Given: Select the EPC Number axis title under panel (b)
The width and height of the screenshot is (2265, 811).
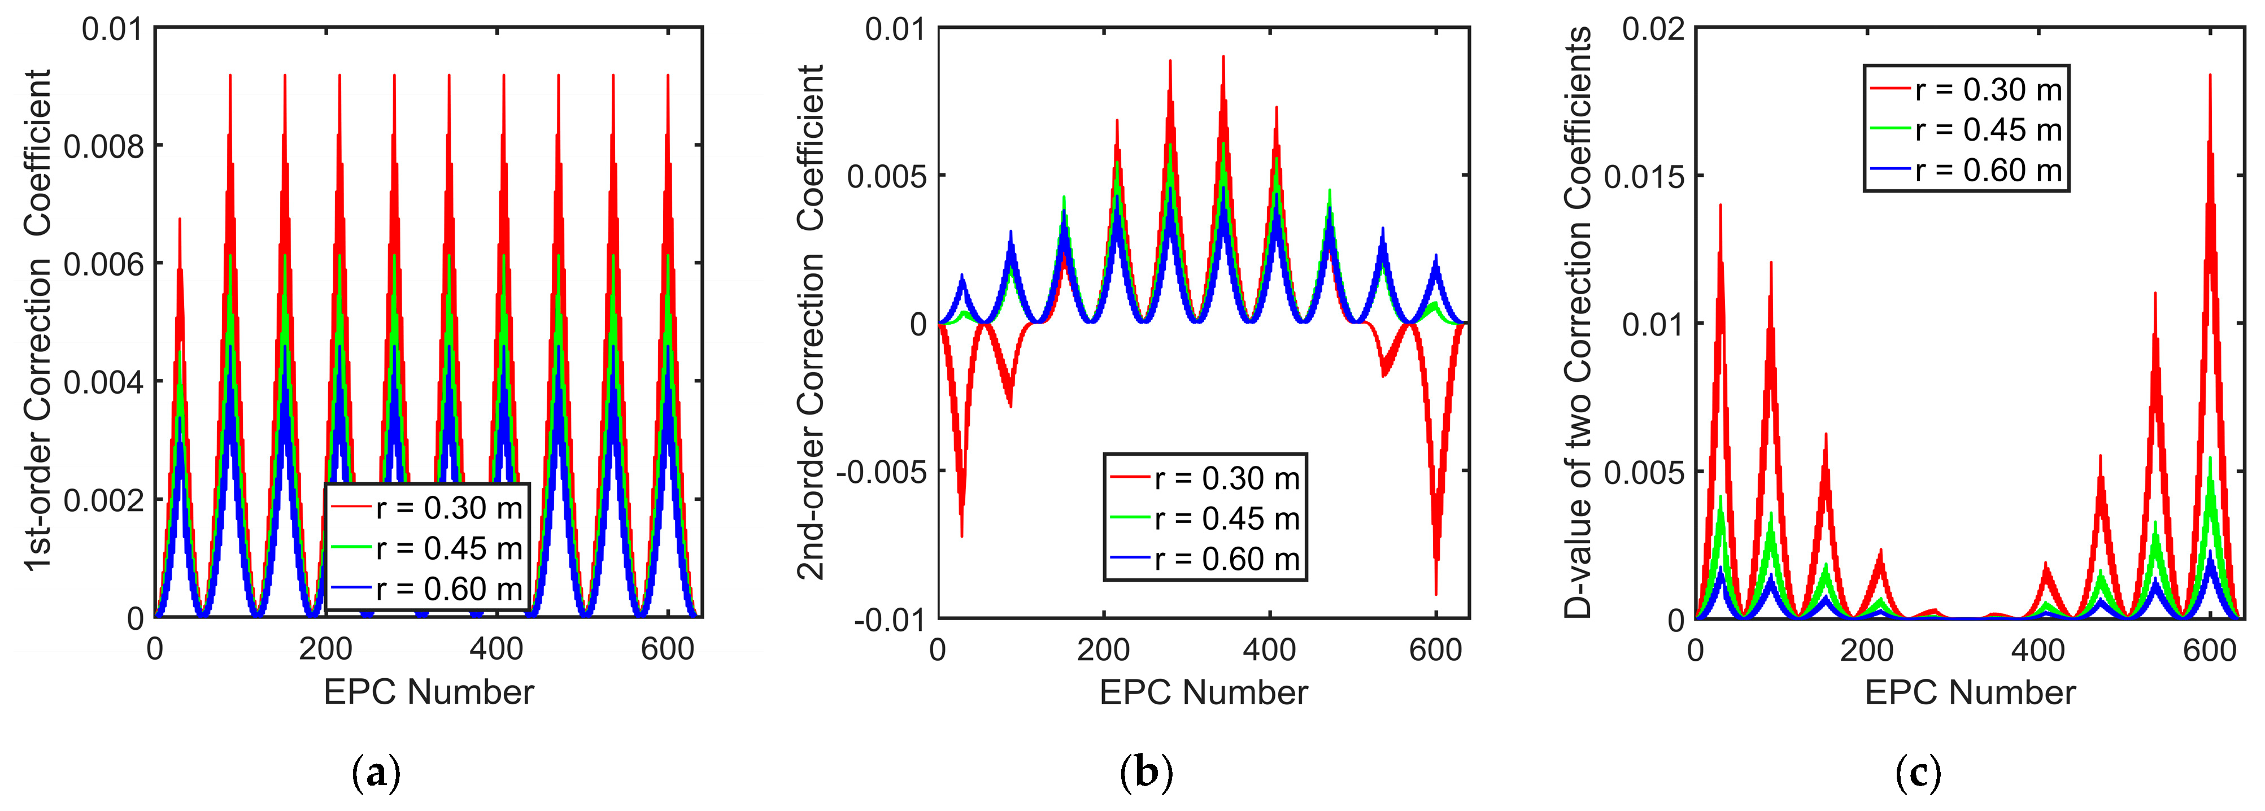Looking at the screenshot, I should (1203, 693).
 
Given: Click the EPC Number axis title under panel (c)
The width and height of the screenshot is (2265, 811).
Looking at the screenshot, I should (1970, 693).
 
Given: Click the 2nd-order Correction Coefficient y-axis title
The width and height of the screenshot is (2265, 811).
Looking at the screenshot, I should (811, 321).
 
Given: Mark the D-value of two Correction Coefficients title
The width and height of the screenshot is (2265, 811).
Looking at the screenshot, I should (1578, 321).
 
